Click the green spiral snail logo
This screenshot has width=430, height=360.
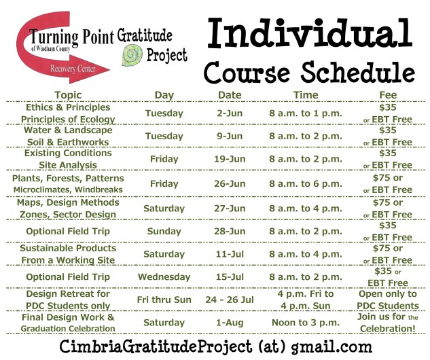(132, 55)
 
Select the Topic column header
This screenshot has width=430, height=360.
(67, 95)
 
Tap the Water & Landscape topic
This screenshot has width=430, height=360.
(67, 130)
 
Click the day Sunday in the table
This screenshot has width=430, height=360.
(164, 232)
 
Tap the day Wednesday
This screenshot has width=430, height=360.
(164, 277)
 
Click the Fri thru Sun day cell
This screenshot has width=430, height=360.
(164, 300)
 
